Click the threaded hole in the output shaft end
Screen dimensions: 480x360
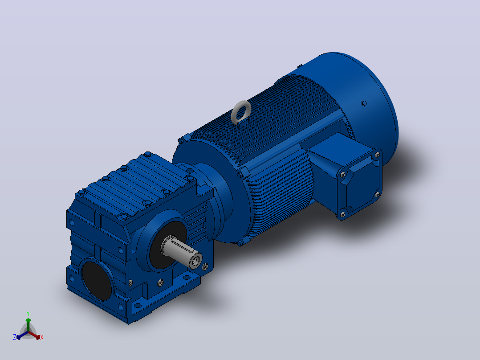point(195,262)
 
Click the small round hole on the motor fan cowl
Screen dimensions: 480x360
point(364,103)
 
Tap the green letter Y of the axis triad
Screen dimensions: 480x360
point(28,314)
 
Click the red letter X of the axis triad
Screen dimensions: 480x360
point(42,337)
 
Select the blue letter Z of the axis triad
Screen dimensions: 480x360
point(15,337)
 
